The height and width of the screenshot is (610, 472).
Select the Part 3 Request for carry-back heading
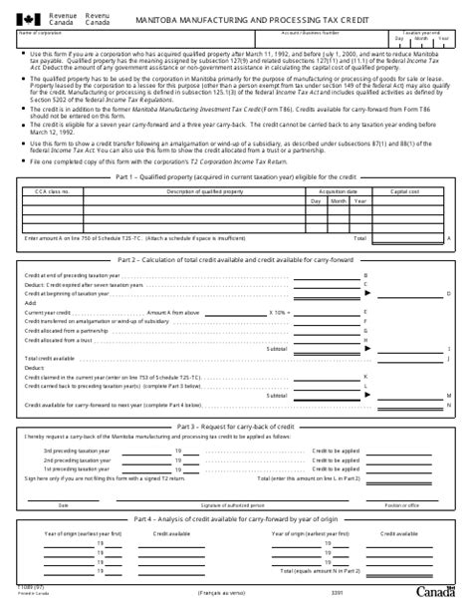[236, 426]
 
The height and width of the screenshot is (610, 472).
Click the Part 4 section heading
[236, 519]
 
